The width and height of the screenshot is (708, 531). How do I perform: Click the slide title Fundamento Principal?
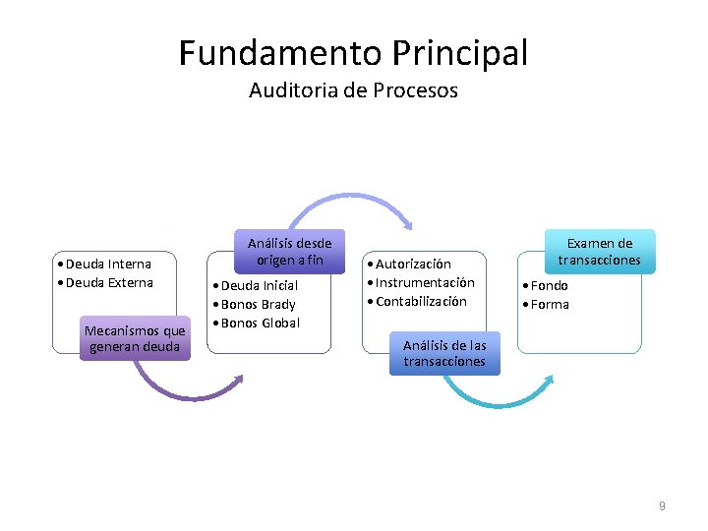pyautogui.click(x=353, y=52)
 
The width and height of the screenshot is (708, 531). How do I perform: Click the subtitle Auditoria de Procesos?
pyautogui.click(x=353, y=90)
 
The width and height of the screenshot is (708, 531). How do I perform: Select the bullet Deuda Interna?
pyautogui.click(x=107, y=264)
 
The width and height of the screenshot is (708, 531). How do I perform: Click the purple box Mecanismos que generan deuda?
pyautogui.click(x=135, y=338)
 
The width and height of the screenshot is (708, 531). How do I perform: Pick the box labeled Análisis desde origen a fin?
pyautogui.click(x=289, y=252)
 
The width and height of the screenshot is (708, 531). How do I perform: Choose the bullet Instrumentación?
pyautogui.click(x=422, y=282)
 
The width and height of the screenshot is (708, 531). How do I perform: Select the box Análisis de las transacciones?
pyautogui.click(x=443, y=353)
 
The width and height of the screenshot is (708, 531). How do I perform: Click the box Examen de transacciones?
pyautogui.click(x=599, y=252)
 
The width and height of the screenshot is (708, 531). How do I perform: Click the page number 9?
pyautogui.click(x=662, y=505)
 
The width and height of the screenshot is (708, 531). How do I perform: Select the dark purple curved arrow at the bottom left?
pyautogui.click(x=182, y=388)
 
